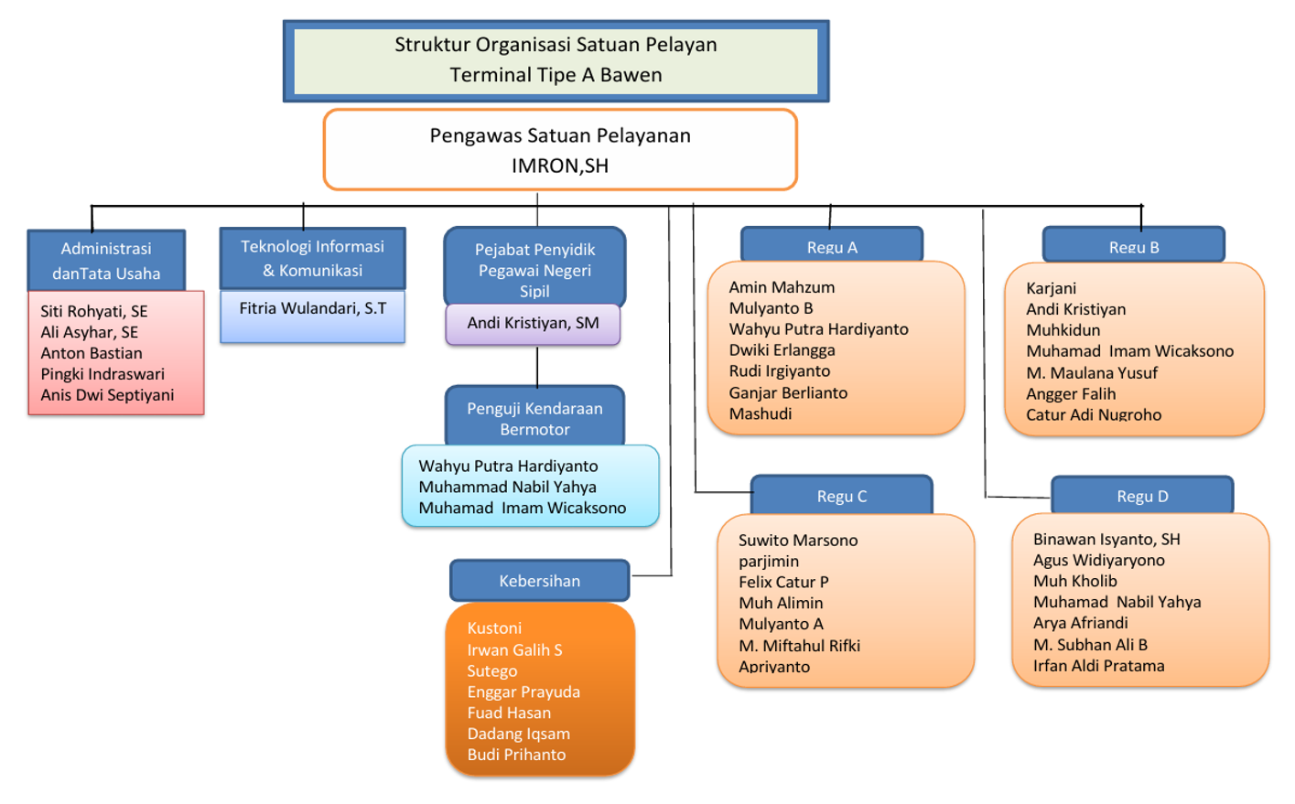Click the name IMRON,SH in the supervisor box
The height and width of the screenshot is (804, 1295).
pyautogui.click(x=559, y=166)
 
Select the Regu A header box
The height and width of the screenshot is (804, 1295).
pyautogui.click(x=832, y=246)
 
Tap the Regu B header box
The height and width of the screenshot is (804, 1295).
pyautogui.click(x=1133, y=246)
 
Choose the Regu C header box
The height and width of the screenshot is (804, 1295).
pyautogui.click(x=841, y=496)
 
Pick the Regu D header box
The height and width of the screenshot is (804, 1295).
pyautogui.click(x=1142, y=496)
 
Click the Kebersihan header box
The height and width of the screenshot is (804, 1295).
pyautogui.click(x=539, y=581)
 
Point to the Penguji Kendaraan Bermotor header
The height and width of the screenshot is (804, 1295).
pyautogui.click(x=534, y=418)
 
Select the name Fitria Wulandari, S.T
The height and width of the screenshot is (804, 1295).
pyautogui.click(x=313, y=308)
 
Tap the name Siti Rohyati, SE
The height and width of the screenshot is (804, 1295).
pyautogui.click(x=93, y=311)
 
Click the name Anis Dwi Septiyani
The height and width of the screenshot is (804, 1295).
pyautogui.click(x=107, y=395)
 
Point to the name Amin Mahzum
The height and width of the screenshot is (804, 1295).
pyautogui.click(x=782, y=287)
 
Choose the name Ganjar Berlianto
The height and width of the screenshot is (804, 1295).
pyautogui.click(x=788, y=392)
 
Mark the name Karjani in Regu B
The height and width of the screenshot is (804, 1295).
pyautogui.click(x=1051, y=288)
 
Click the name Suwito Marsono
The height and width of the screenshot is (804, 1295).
pyautogui.click(x=798, y=541)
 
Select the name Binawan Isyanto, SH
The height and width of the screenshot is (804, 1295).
pyautogui.click(x=1106, y=540)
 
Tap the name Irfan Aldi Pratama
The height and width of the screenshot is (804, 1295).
pyautogui.click(x=1098, y=666)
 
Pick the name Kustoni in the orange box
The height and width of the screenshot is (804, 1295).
pyautogui.click(x=494, y=628)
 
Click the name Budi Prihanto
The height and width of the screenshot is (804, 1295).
pyautogui.click(x=516, y=755)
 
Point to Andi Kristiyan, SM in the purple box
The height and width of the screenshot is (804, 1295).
pyautogui.click(x=533, y=323)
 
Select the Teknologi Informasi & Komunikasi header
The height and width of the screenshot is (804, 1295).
pyautogui.click(x=312, y=258)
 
